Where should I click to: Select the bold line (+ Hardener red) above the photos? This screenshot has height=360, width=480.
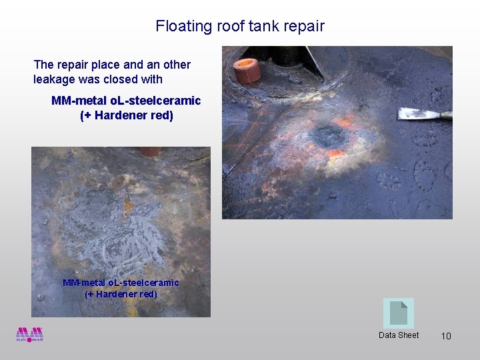pyautogui.click(x=126, y=115)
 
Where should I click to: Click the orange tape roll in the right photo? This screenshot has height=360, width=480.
pyautogui.click(x=247, y=70)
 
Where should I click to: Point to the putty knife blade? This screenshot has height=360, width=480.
pyautogui.click(x=420, y=113)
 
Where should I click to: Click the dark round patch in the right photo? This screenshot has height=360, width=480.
pyautogui.click(x=329, y=136)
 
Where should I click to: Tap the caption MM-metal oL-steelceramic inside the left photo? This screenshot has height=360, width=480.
pyautogui.click(x=121, y=283)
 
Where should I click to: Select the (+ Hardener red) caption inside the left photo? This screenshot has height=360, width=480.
pyautogui.click(x=121, y=294)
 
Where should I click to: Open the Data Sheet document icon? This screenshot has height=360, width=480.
pyautogui.click(x=398, y=313)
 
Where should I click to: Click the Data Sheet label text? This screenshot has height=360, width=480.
pyautogui.click(x=399, y=335)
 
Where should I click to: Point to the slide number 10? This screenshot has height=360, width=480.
pyautogui.click(x=446, y=336)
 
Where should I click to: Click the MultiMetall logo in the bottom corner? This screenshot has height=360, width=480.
pyautogui.click(x=29, y=334)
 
